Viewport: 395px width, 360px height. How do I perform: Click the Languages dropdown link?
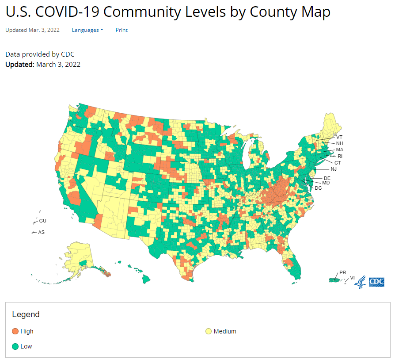(87, 30)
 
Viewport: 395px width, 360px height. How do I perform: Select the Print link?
(122, 30)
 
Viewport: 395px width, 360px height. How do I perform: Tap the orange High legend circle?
(15, 331)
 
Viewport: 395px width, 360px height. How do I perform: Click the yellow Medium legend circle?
(208, 331)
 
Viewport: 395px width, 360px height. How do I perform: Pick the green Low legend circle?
(15, 346)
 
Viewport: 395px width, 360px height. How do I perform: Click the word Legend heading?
(26, 314)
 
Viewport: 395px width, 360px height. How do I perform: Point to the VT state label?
(339, 137)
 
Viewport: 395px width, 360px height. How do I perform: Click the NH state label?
(339, 143)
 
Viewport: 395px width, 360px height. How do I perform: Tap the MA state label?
(339, 150)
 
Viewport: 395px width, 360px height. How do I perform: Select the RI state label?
(340, 156)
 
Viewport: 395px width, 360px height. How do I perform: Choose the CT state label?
(337, 163)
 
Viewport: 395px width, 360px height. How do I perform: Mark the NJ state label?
(333, 169)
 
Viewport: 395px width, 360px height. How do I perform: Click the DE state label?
(327, 178)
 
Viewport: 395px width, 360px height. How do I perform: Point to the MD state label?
(326, 183)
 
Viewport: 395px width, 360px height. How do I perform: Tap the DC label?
(318, 188)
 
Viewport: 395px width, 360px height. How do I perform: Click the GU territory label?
(42, 221)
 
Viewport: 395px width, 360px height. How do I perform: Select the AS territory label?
(41, 232)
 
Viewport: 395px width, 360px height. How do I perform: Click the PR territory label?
(342, 272)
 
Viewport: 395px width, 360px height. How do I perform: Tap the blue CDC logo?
(376, 282)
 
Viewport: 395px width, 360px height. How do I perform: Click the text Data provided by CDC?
(40, 54)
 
